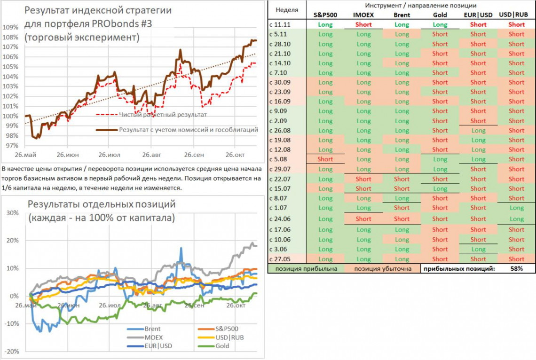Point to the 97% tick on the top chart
click(x=10, y=146)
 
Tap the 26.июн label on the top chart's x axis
click(x=68, y=154)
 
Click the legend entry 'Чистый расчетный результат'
click(x=163, y=114)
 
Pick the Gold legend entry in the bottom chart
click(x=222, y=345)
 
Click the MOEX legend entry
click(x=153, y=337)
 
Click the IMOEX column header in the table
click(x=363, y=15)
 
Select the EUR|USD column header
click(x=478, y=15)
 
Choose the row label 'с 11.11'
click(x=281, y=24)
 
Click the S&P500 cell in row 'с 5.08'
click(x=325, y=159)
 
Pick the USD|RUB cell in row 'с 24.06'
click(x=516, y=219)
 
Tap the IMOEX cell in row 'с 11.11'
click(x=363, y=24)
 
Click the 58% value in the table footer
click(x=516, y=269)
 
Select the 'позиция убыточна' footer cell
click(x=382, y=269)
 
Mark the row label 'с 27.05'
click(x=281, y=259)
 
